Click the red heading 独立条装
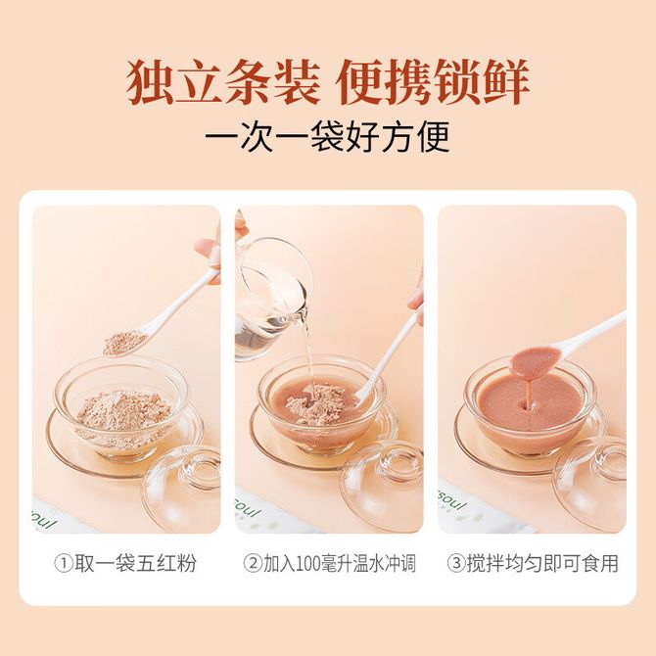pyautogui.click(x=224, y=82)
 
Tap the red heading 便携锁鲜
pyautogui.click(x=434, y=82)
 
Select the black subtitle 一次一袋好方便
pyautogui.click(x=328, y=137)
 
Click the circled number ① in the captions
pyautogui.click(x=64, y=563)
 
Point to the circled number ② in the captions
pyautogui.click(x=253, y=563)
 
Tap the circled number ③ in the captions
pyautogui.click(x=456, y=563)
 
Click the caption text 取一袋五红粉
pyautogui.click(x=135, y=563)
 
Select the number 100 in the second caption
pyautogui.click(x=310, y=563)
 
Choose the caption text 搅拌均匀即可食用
pyautogui.click(x=542, y=563)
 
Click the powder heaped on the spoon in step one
pyautogui.click(x=124, y=343)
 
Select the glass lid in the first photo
pyautogui.click(x=182, y=490)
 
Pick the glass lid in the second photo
pyautogui.click(x=382, y=488)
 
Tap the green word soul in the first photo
pyautogui.click(x=44, y=521)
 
